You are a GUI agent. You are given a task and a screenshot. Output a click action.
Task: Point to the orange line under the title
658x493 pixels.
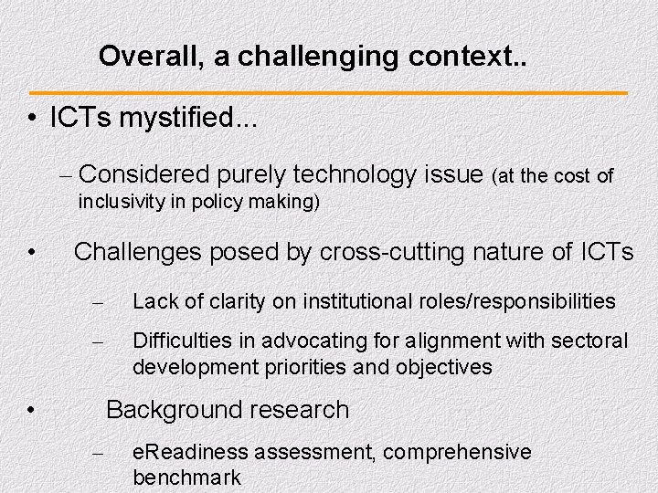click(329, 93)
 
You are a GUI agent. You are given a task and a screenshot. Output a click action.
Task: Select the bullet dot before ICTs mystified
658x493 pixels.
click(32, 121)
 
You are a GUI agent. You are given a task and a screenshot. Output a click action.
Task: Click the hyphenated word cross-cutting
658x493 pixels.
click(388, 251)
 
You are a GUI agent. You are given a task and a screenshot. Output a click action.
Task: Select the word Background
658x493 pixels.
click(168, 410)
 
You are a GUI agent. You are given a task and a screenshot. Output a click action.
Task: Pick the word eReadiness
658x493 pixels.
click(190, 452)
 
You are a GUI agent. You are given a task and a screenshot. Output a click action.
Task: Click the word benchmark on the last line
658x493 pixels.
click(186, 477)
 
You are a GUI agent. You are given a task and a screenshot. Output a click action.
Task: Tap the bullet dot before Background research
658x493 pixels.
click(32, 412)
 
